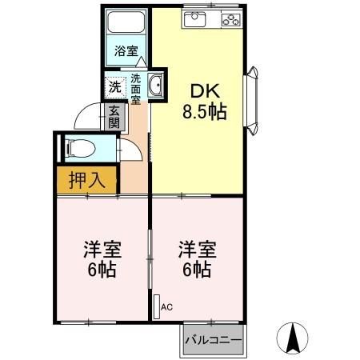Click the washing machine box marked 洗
(x=115, y=86)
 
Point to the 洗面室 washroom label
(x=135, y=90)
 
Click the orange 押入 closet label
(x=86, y=180)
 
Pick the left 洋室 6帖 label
(x=99, y=258)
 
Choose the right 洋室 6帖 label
(x=194, y=258)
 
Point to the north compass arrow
(x=293, y=337)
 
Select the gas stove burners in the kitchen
(x=230, y=18)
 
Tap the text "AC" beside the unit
(x=167, y=306)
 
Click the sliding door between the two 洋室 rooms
(x=150, y=258)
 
